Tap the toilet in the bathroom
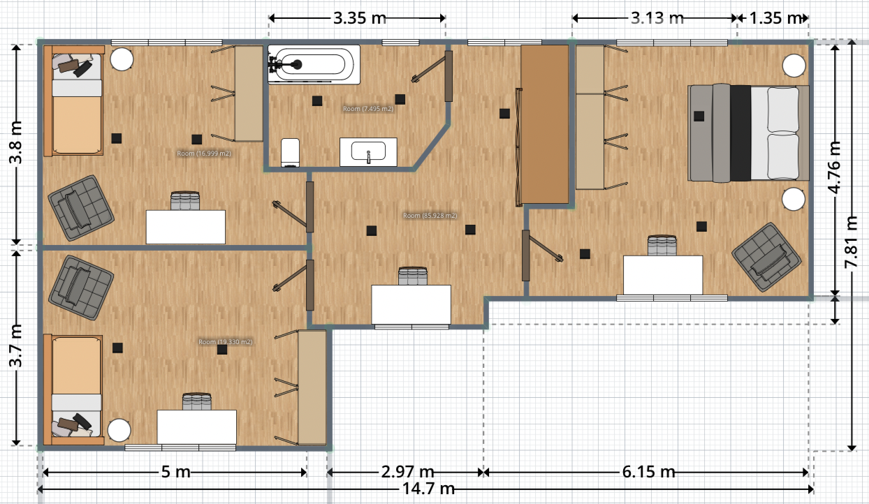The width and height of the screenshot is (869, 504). tap(291, 151)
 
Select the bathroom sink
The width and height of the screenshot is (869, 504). tap(368, 152)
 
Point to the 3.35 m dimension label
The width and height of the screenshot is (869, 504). tap(360, 18)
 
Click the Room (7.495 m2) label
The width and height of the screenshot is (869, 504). tap(368, 109)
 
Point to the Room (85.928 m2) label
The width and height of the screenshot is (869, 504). tap(430, 216)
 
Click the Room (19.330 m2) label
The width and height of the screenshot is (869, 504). tap(225, 342)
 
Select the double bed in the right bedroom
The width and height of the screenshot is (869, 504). tap(748, 133)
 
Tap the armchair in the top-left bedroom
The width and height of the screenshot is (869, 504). tap(80, 208)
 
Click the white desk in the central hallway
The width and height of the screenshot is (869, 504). tap(411, 304)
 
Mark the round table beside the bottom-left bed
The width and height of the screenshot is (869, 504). tap(119, 430)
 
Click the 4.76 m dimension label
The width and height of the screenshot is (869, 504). tap(835, 170)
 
